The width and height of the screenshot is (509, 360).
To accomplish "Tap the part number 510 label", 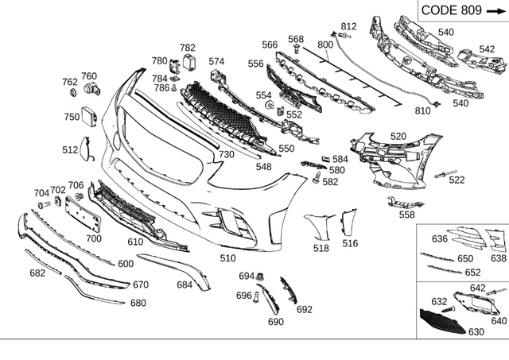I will (x=228, y=257).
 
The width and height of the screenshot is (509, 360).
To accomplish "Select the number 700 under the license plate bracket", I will (x=94, y=238).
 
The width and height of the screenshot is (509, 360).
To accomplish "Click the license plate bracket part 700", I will (x=80, y=213).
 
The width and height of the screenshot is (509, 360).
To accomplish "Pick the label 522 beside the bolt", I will (x=457, y=180).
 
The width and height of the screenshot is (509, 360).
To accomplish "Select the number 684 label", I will (x=185, y=284).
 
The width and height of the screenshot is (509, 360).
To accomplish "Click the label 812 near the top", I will (x=348, y=27).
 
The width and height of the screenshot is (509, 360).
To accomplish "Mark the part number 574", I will (x=217, y=60).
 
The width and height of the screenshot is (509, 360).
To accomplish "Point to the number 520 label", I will (x=398, y=137).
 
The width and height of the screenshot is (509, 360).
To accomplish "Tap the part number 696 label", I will (x=244, y=295).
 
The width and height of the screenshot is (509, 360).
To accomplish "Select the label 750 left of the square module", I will (x=72, y=116).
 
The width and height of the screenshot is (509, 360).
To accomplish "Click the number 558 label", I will (x=406, y=215).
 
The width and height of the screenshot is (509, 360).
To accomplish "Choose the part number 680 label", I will (x=138, y=303).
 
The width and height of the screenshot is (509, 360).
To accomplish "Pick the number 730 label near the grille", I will (x=227, y=153).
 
